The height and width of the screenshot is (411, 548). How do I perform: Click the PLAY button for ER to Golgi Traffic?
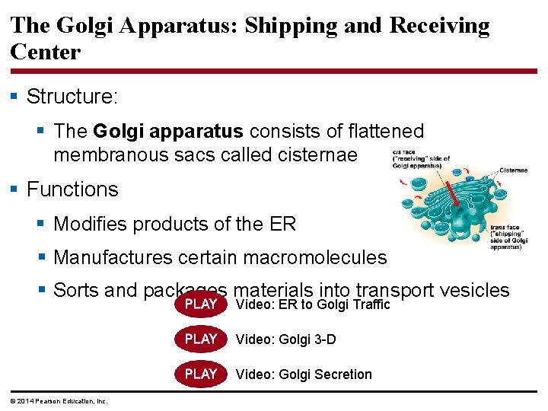(201, 304)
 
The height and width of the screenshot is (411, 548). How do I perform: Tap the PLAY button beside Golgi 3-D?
(201, 339)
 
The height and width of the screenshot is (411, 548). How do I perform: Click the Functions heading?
(72, 190)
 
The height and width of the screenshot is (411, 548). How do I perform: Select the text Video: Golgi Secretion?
(304, 374)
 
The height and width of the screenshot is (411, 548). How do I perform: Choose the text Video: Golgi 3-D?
(285, 339)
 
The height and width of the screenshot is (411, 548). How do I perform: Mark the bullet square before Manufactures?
(42, 257)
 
